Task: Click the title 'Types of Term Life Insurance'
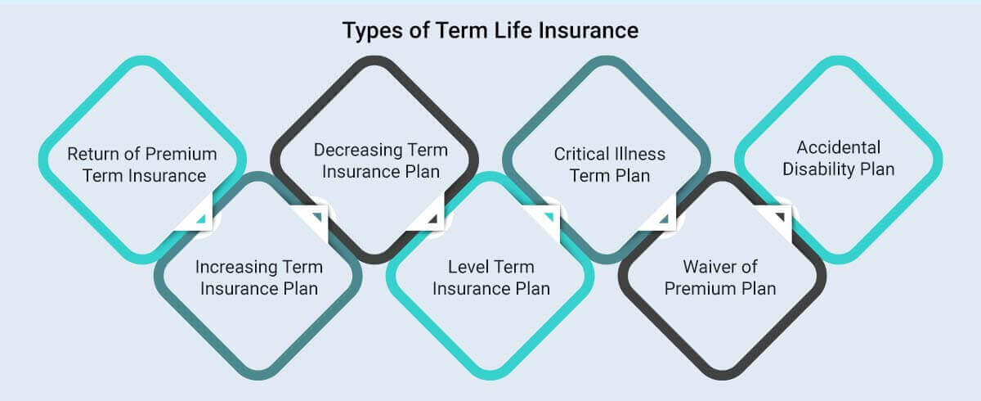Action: pos(490,31)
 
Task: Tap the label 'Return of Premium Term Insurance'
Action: pos(142,164)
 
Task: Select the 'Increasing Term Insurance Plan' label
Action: pos(258,277)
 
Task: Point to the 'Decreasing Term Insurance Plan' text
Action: pos(381,160)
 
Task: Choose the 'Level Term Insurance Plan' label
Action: pos(490,277)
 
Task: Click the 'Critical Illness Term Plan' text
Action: pos(610,164)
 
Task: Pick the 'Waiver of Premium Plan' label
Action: pos(720,277)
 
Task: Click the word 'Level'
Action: pos(468,268)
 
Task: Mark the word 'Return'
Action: pos(92,154)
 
